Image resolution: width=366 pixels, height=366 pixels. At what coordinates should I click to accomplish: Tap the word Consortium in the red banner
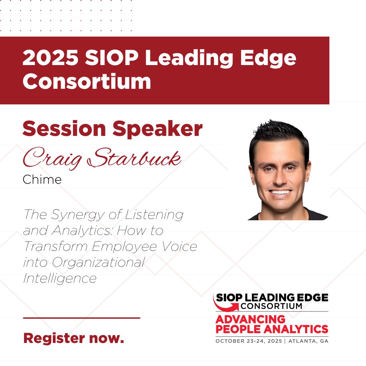click(x=87, y=82)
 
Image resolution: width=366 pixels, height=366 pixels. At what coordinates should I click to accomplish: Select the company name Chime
click(x=42, y=179)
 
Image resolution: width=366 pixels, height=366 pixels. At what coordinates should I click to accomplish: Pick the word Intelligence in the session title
click(x=60, y=278)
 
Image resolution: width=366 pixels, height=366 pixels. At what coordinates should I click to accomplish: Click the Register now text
click(x=74, y=338)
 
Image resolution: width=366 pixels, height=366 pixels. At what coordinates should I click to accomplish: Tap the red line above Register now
click(x=81, y=318)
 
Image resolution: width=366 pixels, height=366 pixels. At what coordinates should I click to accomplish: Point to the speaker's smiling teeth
click(x=281, y=192)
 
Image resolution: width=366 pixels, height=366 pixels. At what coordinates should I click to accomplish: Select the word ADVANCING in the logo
click(x=250, y=319)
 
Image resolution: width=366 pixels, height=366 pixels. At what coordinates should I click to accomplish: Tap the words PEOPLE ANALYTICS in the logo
click(x=272, y=329)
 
